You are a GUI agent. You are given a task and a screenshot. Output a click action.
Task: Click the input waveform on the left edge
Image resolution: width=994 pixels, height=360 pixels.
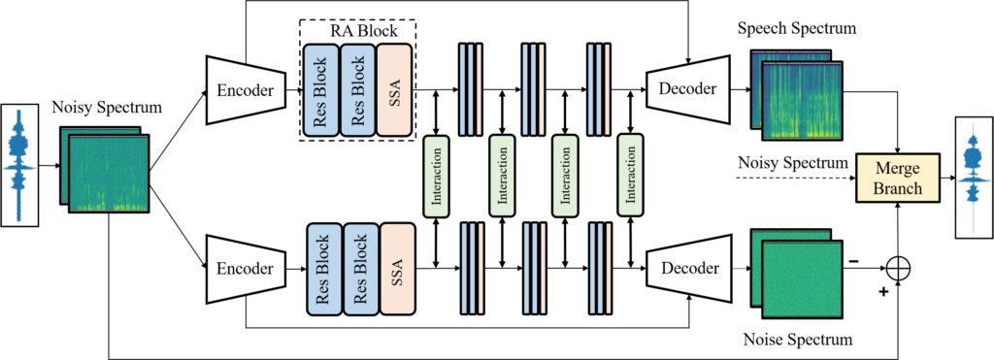coord(19,165)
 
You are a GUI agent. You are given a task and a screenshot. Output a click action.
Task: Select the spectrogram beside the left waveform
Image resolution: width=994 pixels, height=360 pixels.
coord(108,173)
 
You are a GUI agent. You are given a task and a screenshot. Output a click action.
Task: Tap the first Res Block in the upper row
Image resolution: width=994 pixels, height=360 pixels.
coord(320,89)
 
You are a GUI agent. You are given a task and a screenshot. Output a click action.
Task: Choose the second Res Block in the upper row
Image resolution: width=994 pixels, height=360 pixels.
coord(356,89)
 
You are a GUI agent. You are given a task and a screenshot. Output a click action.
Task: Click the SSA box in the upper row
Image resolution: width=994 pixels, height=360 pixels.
coord(393,89)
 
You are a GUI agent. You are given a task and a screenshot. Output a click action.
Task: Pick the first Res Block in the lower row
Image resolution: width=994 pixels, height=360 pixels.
coord(324,269)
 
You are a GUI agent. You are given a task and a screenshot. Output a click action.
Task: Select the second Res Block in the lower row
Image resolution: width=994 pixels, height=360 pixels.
coord(360,269)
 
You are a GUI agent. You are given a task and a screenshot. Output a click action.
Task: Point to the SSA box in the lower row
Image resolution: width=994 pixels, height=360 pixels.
coord(397,269)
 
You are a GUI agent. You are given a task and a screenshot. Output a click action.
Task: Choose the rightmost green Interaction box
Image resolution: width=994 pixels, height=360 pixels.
coord(631,175)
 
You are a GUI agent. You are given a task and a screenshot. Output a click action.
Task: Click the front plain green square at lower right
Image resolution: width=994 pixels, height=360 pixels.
coord(802,278)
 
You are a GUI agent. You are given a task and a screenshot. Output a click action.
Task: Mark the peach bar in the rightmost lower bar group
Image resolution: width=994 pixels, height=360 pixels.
coord(609,269)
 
